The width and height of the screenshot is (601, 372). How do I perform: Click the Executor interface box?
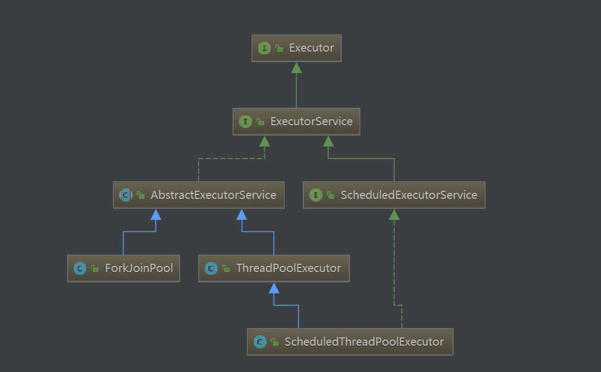point(297,48)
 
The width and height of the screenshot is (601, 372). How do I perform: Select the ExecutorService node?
point(296,121)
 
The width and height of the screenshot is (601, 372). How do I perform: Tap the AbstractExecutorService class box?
point(198,195)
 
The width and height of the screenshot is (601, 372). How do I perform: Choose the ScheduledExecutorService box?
point(394,195)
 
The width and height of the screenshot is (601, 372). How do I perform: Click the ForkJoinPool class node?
point(123,268)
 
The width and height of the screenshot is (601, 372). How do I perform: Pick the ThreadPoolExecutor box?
point(274,268)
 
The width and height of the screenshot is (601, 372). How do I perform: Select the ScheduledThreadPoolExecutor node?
point(350,342)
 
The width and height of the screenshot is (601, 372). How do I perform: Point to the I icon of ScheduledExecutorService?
point(316,195)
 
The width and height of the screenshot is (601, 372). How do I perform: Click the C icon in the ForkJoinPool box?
point(80,269)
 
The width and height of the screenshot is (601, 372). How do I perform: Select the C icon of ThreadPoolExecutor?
point(211,269)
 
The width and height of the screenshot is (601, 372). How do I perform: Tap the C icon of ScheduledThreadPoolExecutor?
point(260,342)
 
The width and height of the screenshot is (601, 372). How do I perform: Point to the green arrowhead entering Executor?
point(296,68)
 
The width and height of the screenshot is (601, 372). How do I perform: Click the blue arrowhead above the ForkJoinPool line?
point(156,214)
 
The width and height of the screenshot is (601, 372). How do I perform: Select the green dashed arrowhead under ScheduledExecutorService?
point(394,214)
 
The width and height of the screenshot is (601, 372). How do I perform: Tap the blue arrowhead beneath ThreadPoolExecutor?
point(274,288)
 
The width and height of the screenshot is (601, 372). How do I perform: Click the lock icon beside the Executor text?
point(280,49)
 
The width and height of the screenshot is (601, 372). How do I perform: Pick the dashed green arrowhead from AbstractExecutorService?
point(265,141)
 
